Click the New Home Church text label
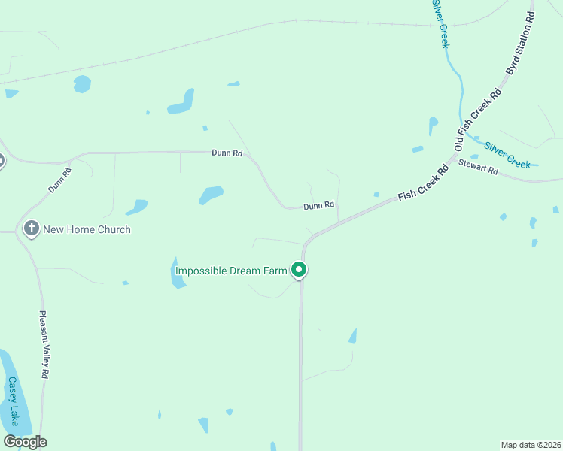87,229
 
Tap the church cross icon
31,229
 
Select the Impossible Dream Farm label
231,271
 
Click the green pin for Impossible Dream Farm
299,269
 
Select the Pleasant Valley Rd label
44,344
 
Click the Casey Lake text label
13,401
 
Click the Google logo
25,442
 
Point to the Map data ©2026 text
531,445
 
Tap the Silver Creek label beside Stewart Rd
507,155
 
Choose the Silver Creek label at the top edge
440,24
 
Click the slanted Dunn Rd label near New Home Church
61,180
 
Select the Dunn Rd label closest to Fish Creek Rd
318,205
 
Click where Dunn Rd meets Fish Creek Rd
338,221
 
